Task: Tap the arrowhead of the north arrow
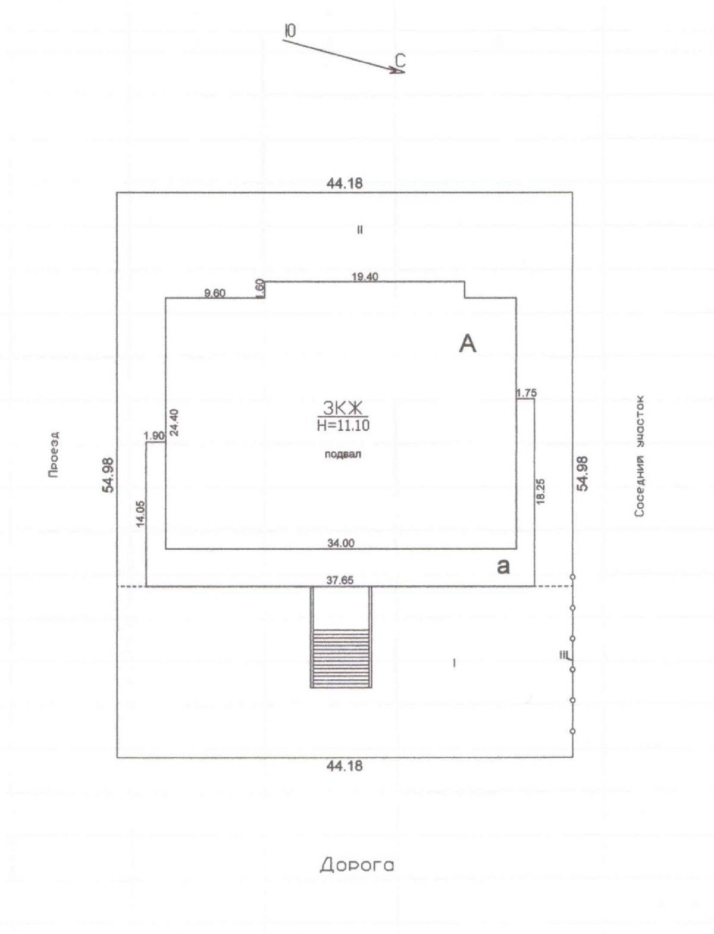400,71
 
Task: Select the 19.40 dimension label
365,277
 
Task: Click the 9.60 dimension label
215,293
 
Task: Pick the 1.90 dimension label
154,435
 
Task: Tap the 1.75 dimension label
527,393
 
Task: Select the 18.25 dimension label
541,492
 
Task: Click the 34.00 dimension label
340,543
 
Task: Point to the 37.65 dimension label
340,580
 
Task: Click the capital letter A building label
467,343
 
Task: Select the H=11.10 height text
343,425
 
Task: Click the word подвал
343,455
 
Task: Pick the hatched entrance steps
341,658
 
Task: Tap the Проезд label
54,455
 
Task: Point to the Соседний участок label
640,456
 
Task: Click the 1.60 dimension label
261,289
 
